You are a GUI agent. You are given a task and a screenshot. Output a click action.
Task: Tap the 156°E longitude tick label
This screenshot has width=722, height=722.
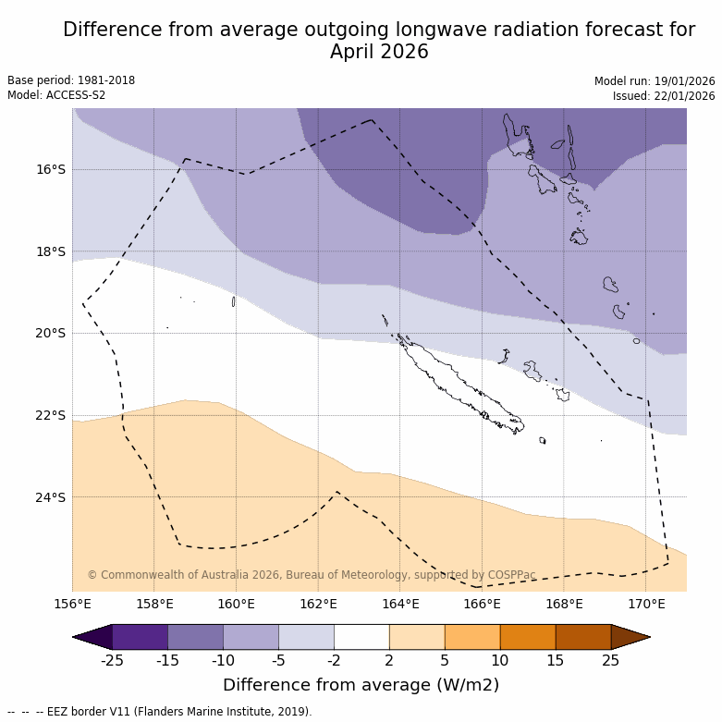[x=72, y=605]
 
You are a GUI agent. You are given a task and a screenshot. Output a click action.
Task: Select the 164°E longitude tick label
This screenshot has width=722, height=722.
[x=400, y=605]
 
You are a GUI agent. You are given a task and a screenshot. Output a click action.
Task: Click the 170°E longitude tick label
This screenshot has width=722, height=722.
[x=646, y=605]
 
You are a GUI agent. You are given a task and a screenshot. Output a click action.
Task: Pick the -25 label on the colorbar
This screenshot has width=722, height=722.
[x=112, y=660]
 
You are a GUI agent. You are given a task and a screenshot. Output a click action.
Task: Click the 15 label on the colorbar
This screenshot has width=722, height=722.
[x=556, y=660]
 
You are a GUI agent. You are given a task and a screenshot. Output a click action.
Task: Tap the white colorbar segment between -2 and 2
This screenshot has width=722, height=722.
[x=361, y=637]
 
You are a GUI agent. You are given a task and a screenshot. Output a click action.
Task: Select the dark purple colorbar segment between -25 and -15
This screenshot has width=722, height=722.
[x=140, y=637]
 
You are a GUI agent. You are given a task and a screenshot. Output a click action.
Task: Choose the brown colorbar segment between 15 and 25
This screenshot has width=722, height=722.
[x=583, y=637]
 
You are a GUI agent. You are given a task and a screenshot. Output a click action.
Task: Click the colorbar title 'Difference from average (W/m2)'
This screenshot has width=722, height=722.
[x=361, y=685]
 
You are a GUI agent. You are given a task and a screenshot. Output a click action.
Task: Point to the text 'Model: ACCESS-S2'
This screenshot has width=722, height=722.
[x=56, y=95]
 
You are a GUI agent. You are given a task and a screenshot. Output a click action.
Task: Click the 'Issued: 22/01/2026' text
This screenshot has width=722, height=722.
[x=664, y=96]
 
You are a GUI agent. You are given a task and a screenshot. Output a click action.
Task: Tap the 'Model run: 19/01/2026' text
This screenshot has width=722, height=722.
[x=655, y=81]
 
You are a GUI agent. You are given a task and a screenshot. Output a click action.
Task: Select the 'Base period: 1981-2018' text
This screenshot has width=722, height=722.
[x=71, y=80]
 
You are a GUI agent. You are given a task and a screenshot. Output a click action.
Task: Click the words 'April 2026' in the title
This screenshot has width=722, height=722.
[x=379, y=52]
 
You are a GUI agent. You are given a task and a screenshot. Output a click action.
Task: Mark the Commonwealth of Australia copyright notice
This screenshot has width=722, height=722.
[x=312, y=575]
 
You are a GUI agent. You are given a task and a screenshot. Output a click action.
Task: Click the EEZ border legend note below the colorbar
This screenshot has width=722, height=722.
[x=160, y=712]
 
